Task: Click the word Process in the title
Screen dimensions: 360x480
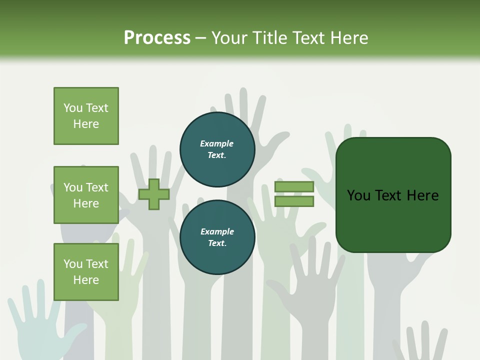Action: coord(157,37)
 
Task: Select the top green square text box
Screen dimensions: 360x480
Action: coord(86,116)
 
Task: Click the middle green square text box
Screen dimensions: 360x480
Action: coord(86,195)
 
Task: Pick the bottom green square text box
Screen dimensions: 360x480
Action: coord(86,272)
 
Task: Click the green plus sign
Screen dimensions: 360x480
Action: coord(154,194)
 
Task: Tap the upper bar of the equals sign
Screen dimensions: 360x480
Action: coord(294,186)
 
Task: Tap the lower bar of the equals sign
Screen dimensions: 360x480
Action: coord(294,201)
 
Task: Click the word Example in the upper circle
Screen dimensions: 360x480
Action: coord(216,143)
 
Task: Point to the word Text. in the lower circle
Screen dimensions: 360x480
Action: coord(217,243)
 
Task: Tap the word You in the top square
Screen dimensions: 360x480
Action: coord(73,108)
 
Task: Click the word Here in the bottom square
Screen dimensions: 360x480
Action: coord(86,280)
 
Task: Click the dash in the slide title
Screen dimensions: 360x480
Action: coord(201,38)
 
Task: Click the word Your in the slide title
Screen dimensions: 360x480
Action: coord(229,37)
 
